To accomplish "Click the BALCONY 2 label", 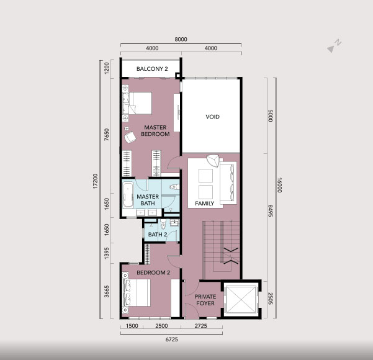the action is [x=152, y=69].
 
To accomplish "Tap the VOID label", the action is [x=212, y=117].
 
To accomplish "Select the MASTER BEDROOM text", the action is [x=155, y=130].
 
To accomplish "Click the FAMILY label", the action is [x=205, y=204].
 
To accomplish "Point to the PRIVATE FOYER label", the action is [x=205, y=300].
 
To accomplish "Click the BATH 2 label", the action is [x=158, y=235].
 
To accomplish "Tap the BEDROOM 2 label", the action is [x=153, y=272].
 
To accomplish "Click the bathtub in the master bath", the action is [x=128, y=196].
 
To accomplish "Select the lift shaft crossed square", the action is [x=241, y=299].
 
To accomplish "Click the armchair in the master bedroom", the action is [x=130, y=137].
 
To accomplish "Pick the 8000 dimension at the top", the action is [x=181, y=39].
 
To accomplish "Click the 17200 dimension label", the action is [x=95, y=181].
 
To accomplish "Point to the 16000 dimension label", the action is [x=279, y=185].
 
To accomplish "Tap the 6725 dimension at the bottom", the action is [x=171, y=340].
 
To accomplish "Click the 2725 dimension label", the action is [x=200, y=326].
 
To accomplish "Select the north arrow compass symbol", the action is [x=334, y=46].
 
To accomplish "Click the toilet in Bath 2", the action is [x=163, y=224].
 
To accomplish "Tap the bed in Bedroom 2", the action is [x=137, y=293].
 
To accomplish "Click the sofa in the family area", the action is [x=228, y=182].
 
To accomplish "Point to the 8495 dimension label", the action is [x=271, y=210].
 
